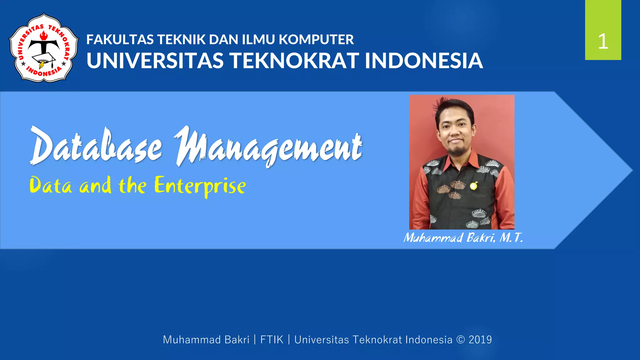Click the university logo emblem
click(43, 48)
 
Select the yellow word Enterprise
click(200, 186)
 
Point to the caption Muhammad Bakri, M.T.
click(463, 238)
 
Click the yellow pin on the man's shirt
click(473, 186)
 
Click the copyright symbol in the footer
click(461, 340)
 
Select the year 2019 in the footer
click(480, 340)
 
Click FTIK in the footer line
click(272, 340)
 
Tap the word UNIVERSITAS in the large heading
click(155, 61)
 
